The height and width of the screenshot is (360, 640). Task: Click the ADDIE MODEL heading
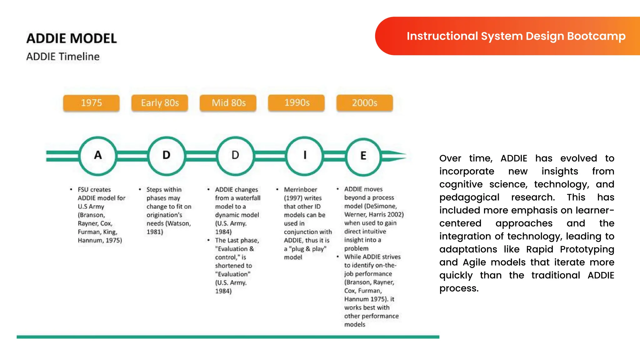pos(72,38)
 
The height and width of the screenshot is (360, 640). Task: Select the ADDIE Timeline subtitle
pos(63,57)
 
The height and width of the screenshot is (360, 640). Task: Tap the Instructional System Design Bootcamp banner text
pos(516,36)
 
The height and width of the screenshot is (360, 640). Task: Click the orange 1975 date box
pos(91,103)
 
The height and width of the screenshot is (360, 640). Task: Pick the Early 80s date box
pos(160,103)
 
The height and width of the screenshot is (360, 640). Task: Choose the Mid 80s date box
pos(228,103)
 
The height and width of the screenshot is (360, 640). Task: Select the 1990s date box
pos(297,103)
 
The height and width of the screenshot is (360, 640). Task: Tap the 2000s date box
pos(365,103)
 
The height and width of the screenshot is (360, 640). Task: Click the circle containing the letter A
pos(98,156)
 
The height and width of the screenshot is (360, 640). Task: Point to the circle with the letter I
pos(305,156)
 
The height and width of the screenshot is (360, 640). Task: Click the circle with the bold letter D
pos(167,156)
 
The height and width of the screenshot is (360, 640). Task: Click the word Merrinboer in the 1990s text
pos(300,190)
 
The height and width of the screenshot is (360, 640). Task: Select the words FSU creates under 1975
pos(94,190)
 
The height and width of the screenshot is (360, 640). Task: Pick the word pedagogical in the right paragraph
pos(469,197)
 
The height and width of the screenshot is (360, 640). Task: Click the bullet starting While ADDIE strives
pos(372,257)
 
